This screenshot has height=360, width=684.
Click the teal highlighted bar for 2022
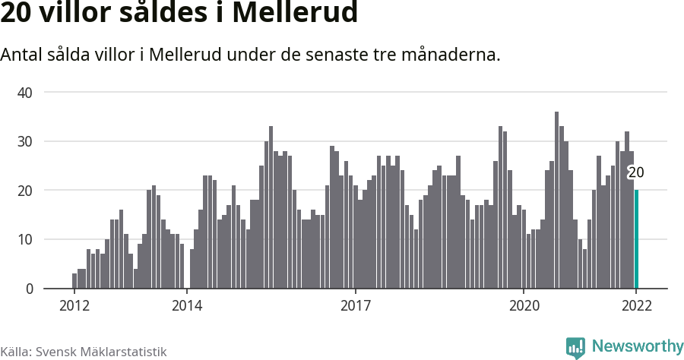tap(636, 239)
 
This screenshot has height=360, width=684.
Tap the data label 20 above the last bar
tap(635, 173)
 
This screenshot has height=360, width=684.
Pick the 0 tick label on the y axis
tap(29, 289)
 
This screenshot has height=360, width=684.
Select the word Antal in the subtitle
tap(21, 55)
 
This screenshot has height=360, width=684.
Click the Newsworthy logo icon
tap(575, 347)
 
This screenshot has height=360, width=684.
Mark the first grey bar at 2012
tap(74, 281)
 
